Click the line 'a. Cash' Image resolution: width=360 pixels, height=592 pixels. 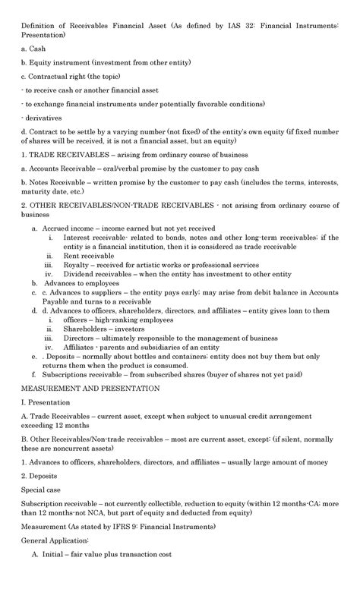click(33, 48)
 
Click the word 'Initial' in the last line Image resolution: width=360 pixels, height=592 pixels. click(56, 576)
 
